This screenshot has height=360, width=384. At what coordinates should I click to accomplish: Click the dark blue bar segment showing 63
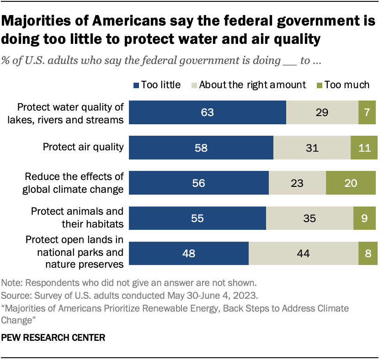click(208, 112)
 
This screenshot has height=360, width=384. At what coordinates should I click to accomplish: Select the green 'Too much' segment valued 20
click(352, 183)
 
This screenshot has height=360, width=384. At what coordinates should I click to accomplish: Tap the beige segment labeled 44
click(304, 254)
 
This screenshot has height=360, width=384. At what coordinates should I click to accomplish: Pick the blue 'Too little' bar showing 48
click(189, 254)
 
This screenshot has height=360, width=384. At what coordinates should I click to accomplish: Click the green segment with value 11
click(364, 148)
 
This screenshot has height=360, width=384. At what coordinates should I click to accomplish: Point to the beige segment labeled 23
click(297, 183)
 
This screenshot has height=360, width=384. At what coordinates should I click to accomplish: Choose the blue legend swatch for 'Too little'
click(136, 85)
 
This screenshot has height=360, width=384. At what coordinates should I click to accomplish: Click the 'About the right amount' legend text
click(253, 85)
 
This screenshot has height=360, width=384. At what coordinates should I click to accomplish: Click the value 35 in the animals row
click(309, 218)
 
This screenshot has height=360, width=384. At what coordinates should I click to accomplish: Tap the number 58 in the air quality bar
click(201, 148)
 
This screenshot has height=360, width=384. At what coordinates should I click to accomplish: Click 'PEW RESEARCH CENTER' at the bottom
click(53, 338)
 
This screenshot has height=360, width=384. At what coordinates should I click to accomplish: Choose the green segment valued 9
click(365, 218)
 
